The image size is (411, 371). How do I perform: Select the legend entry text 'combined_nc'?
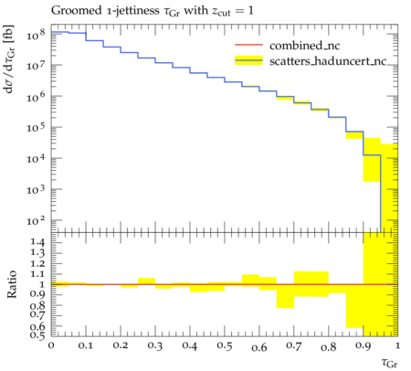304,46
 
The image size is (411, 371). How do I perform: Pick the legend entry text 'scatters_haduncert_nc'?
328,61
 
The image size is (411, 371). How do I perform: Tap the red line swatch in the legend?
248,45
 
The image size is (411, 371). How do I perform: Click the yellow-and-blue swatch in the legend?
248,60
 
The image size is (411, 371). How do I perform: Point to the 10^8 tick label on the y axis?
36,35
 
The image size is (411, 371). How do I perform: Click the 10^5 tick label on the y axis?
36,127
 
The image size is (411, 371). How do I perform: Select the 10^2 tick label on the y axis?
36,220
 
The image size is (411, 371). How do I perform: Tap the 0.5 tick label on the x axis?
225,345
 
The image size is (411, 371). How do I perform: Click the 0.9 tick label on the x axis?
364,345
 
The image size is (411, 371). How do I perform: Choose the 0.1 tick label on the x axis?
86,345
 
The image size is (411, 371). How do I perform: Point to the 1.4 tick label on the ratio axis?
37,242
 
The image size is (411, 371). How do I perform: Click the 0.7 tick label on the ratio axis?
37,314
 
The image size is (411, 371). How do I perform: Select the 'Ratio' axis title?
12,284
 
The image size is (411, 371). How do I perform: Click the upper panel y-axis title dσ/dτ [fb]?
9,58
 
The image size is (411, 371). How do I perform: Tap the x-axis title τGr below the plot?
389,363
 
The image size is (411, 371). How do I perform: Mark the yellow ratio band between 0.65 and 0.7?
285,296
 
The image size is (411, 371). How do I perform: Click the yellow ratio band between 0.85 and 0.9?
354,306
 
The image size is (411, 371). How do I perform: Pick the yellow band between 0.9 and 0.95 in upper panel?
372,160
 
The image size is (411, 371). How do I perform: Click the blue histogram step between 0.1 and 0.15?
95,40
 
